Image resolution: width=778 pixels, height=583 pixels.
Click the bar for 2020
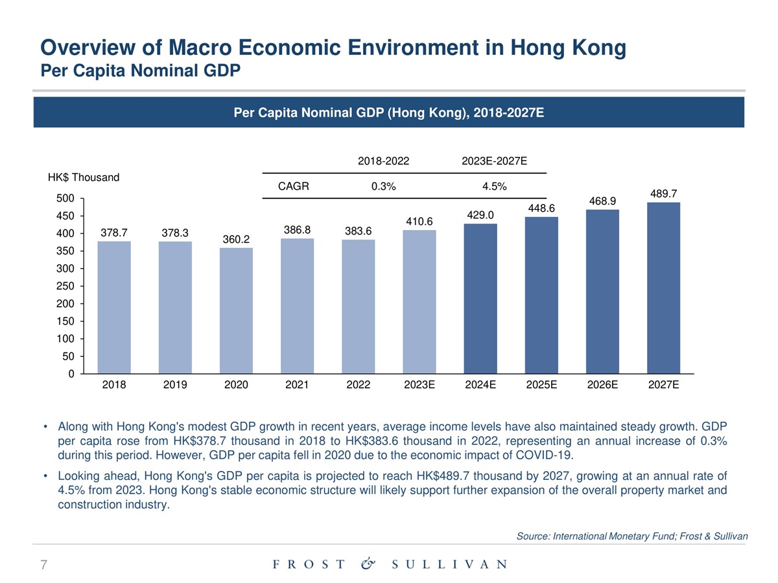(236, 311)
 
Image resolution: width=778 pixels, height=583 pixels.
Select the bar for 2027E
(663, 288)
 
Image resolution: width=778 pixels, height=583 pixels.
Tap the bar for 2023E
(419, 302)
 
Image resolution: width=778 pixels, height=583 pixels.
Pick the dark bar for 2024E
(480, 299)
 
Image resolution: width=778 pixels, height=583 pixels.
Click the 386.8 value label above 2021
(298, 230)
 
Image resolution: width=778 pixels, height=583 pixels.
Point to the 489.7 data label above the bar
(663, 193)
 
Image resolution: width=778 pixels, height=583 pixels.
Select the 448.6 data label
(541, 207)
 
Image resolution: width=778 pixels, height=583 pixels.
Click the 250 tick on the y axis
(67, 286)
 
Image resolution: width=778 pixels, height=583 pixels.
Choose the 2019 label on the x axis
(175, 384)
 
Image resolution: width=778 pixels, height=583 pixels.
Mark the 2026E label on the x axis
(602, 384)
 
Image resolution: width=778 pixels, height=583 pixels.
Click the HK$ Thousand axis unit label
(84, 177)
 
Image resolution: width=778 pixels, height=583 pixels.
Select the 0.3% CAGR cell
(383, 187)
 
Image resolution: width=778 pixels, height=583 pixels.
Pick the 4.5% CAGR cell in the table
(495, 187)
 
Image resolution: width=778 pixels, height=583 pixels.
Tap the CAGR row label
(293, 187)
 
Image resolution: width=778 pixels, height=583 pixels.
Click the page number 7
(43, 565)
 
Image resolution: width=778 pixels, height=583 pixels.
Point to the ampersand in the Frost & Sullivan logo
(368, 564)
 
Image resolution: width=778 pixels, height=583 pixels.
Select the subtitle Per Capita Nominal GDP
(141, 70)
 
